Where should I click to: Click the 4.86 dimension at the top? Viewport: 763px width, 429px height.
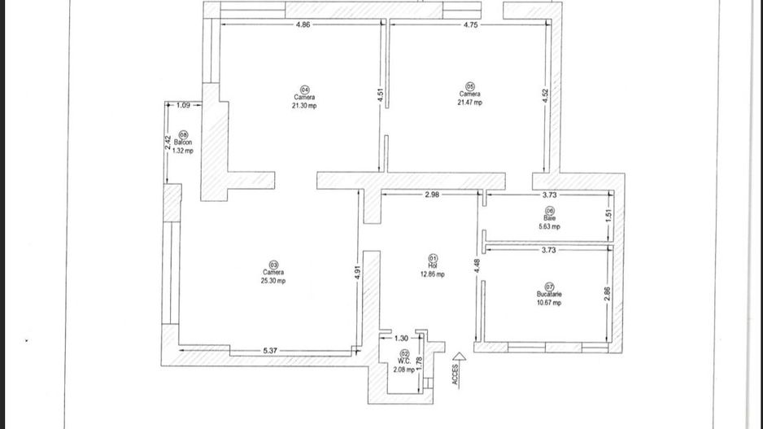[x=303, y=25]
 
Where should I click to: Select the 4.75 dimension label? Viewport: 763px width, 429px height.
[x=470, y=25]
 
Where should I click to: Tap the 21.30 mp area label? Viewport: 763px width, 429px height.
[x=304, y=103]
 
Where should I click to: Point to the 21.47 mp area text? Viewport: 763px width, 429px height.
[x=470, y=103]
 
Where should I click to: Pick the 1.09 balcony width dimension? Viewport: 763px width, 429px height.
[x=183, y=105]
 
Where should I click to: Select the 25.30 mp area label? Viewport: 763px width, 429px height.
[x=273, y=281]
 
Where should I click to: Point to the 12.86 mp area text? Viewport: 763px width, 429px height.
[x=433, y=274]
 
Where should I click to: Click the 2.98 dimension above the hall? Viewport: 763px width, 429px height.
[x=432, y=195]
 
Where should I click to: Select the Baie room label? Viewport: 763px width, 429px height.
[x=549, y=218]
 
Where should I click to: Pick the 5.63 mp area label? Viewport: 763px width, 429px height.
[x=550, y=227]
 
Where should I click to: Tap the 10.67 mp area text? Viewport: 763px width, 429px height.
[x=550, y=303]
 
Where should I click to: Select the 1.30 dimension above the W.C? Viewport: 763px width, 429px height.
[x=401, y=338]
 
